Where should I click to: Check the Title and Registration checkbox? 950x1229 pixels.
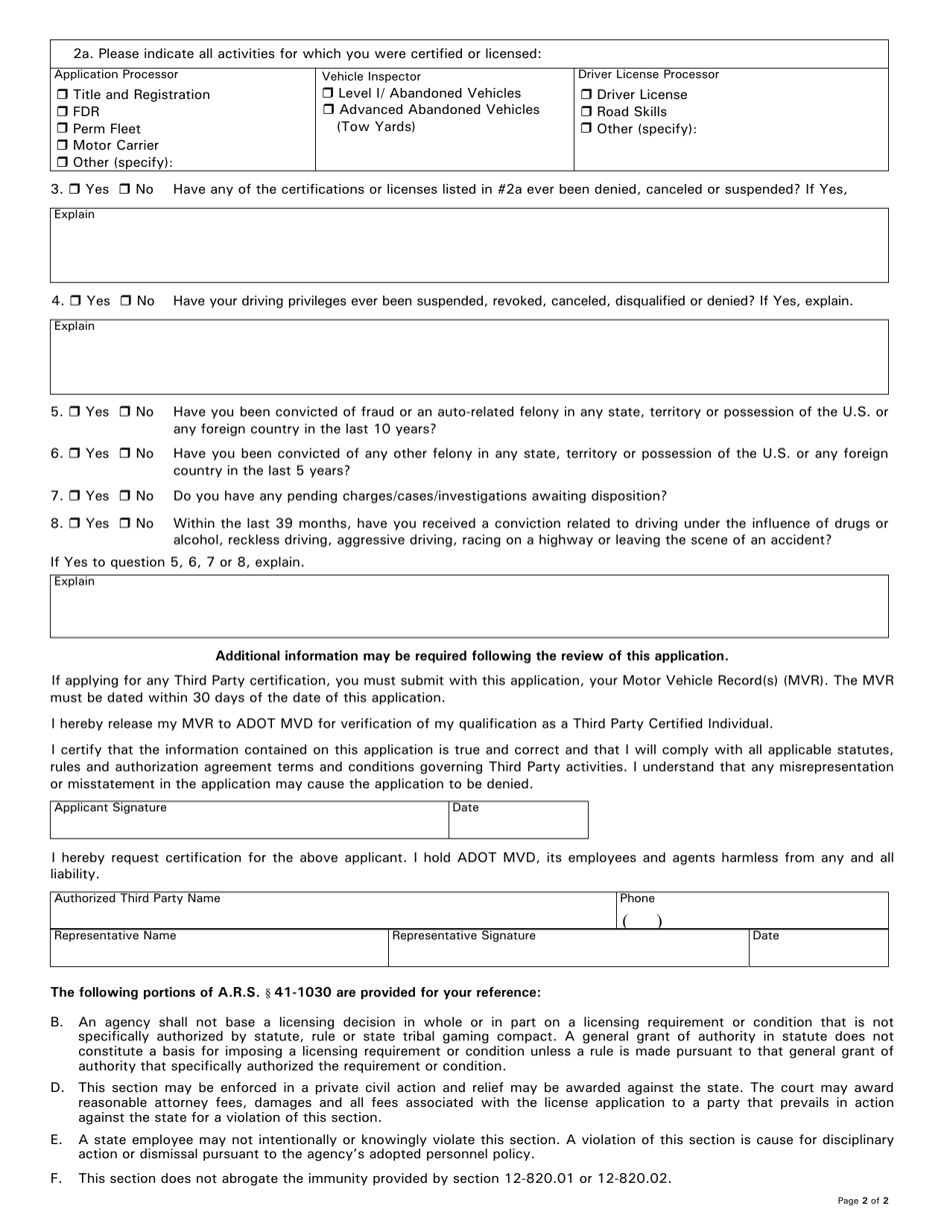[x=62, y=95]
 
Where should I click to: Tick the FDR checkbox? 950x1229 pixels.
[x=62, y=112]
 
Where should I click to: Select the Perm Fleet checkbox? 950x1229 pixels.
[x=62, y=129]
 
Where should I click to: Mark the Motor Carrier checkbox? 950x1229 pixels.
[x=62, y=146]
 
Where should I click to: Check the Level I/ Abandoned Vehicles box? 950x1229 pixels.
[x=329, y=93]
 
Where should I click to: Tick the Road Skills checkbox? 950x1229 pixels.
[x=587, y=112]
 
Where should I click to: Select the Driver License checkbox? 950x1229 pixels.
[x=587, y=95]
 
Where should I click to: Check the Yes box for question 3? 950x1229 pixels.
[x=74, y=189]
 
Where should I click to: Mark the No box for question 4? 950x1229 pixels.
[x=126, y=301]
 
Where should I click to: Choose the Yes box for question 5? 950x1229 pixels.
[x=74, y=412]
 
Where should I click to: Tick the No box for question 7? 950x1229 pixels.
[x=126, y=496]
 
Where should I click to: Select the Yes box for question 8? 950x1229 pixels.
[x=74, y=524]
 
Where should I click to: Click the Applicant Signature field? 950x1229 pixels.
[x=249, y=825]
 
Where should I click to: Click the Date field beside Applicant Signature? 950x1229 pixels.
[x=518, y=825]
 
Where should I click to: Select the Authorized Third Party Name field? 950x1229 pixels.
[x=332, y=915]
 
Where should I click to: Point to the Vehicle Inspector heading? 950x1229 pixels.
[x=371, y=76]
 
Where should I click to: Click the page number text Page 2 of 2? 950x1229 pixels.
[x=862, y=1201]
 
